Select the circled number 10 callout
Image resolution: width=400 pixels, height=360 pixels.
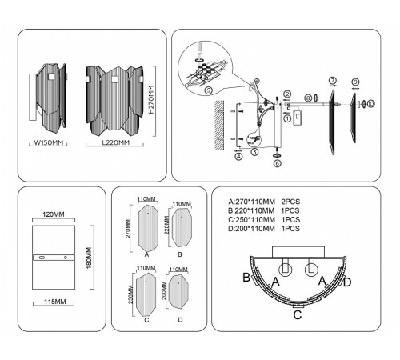(370, 103)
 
